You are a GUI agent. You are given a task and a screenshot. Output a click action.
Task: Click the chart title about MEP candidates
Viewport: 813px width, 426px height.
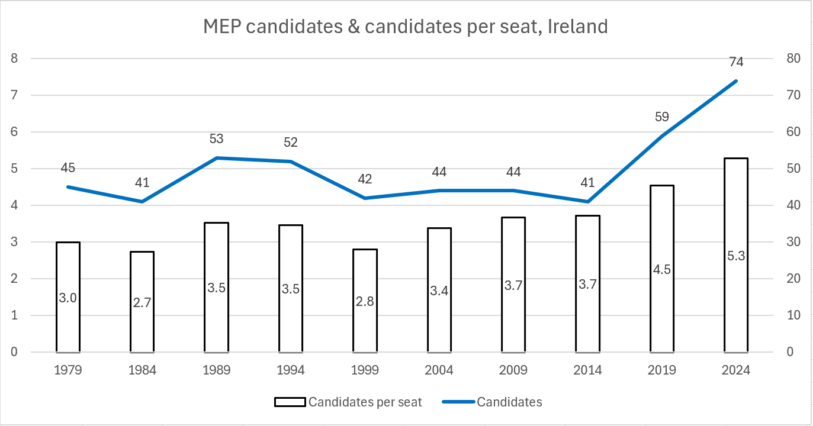[406, 27]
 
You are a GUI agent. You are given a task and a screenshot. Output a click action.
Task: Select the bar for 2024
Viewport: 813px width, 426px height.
[736, 255]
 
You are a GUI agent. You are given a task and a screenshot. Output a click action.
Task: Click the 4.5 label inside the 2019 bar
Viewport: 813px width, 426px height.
[662, 270]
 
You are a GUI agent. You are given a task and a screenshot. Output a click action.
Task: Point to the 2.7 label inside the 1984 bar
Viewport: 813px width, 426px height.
[142, 302]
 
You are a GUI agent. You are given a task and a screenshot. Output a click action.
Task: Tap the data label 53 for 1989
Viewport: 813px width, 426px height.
[216, 139]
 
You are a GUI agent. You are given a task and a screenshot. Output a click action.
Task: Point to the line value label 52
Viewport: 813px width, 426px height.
[291, 143]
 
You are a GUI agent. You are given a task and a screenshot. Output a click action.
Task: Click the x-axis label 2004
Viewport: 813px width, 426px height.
[439, 370]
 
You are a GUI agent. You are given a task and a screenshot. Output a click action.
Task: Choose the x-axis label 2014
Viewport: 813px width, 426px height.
[587, 370]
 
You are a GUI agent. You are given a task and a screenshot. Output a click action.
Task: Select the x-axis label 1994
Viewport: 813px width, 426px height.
[291, 370]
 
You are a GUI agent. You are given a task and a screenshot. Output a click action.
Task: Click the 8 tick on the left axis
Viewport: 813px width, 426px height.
[14, 59]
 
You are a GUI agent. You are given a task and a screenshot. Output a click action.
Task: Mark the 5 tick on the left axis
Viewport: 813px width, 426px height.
[14, 169]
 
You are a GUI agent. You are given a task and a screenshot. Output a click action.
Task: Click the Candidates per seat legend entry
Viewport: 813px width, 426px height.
[348, 402]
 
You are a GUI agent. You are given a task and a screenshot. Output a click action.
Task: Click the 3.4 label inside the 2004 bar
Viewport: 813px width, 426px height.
[439, 291]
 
